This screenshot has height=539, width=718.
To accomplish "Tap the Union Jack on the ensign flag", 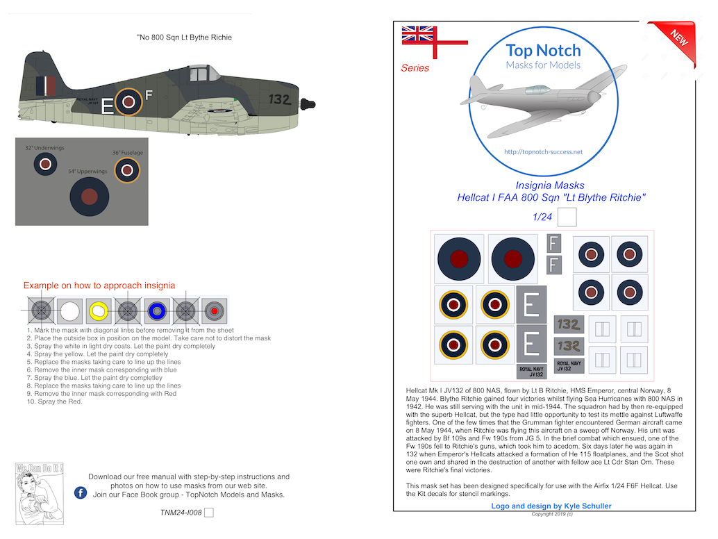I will tap(418, 34).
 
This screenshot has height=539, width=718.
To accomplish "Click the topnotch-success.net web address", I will tap(543, 152).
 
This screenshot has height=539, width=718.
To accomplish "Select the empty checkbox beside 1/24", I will tap(567, 217).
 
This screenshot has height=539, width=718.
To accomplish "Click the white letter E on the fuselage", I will tap(107, 106).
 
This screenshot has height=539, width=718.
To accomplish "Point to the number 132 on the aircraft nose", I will tap(278, 99).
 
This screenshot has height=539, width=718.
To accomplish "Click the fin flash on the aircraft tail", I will tap(46, 87).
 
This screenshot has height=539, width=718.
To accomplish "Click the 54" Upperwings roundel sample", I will tap(90, 197).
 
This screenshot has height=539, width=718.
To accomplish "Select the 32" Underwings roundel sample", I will tap(45, 164).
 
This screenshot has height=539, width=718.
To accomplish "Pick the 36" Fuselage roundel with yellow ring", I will tap(127, 169).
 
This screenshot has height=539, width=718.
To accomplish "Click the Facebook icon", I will tap(80, 492).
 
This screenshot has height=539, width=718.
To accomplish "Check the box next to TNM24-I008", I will tap(209, 513).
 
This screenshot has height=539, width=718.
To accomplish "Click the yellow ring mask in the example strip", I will tap(98, 310).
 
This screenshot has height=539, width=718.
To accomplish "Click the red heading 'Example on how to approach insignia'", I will tap(99, 285).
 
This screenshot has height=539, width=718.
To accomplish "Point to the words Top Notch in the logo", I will tap(543, 50).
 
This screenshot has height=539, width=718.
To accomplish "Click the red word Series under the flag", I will tap(415, 68).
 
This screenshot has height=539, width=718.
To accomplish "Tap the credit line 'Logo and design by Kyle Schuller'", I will tap(551, 506).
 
